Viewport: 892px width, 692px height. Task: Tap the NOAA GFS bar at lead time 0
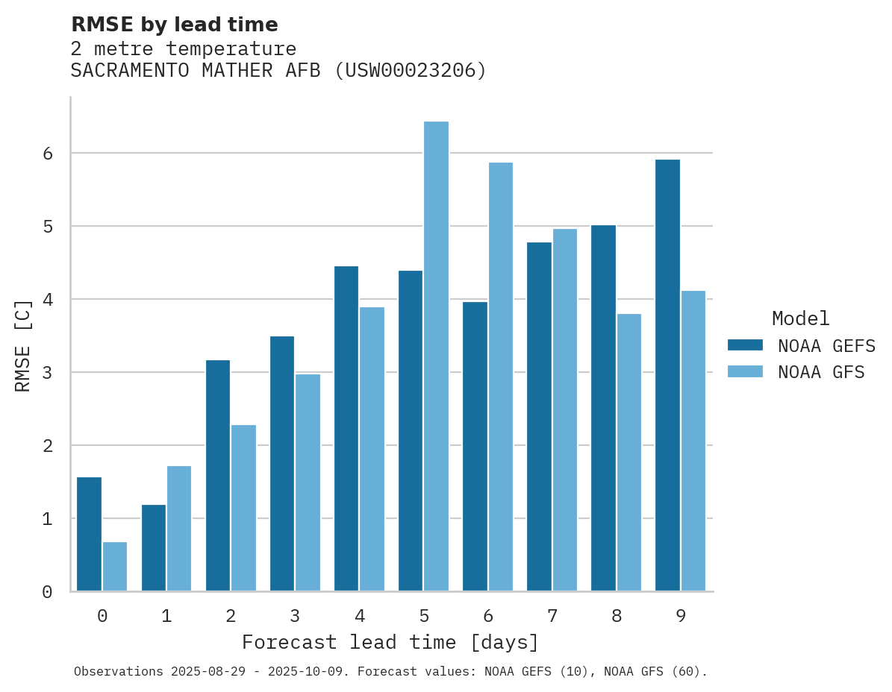115,567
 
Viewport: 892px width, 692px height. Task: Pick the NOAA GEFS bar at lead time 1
154,548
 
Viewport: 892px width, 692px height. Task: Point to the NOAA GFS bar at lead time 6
500,377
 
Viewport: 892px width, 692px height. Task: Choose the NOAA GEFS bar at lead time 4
346,429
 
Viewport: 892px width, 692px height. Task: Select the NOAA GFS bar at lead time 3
308,482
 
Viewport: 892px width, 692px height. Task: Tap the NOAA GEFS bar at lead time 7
539,417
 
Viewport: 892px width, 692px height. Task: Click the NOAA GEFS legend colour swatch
745,345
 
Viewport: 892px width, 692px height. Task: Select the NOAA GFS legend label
821,372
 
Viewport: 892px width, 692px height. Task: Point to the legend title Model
800,319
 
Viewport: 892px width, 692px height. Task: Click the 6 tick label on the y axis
47,154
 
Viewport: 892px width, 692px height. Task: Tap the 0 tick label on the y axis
47,592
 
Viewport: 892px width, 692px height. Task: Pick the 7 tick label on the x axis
552,616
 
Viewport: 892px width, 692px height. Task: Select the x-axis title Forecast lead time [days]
390,643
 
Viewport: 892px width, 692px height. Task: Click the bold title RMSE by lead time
175,25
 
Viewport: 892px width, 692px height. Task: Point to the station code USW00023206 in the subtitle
410,71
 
